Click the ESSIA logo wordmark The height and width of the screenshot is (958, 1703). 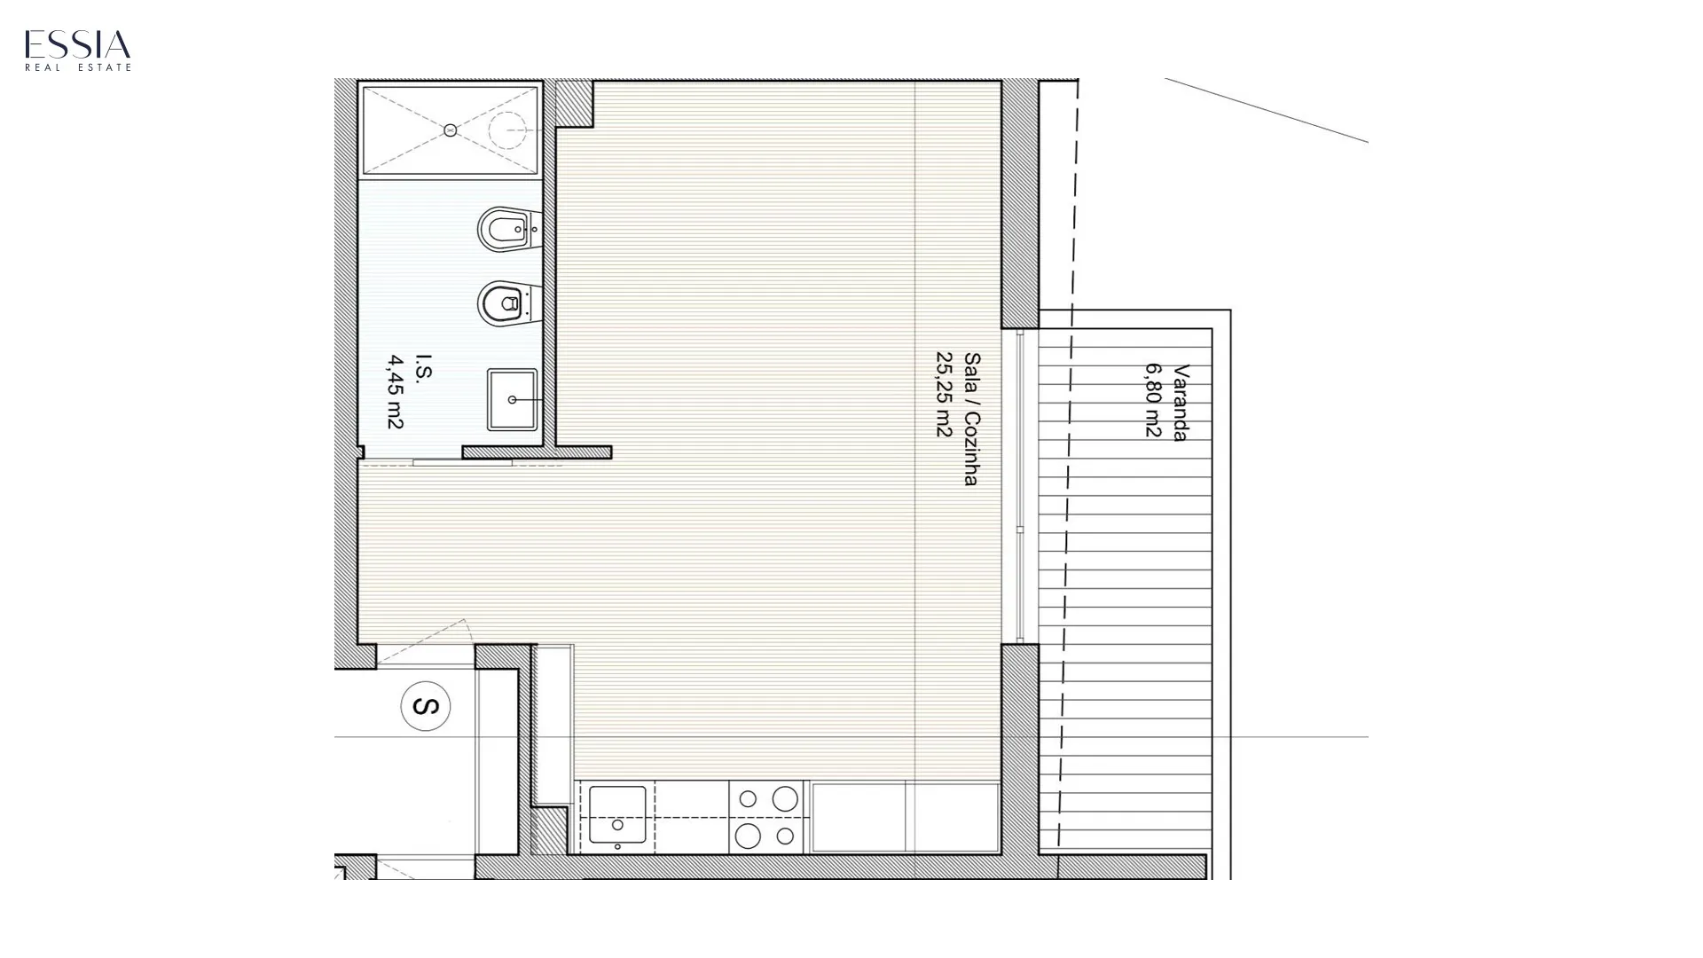pyautogui.click(x=78, y=44)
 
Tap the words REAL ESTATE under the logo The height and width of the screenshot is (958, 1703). pyautogui.click(x=78, y=67)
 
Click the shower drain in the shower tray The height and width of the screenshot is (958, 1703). pyautogui.click(x=450, y=130)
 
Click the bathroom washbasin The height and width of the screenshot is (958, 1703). pyautogui.click(x=512, y=399)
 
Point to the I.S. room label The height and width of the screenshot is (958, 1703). pyautogui.click(x=424, y=367)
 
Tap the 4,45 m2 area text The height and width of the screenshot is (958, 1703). pyautogui.click(x=396, y=392)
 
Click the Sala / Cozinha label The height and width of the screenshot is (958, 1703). pyautogui.click(x=972, y=419)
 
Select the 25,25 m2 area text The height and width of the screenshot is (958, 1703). pyautogui.click(x=944, y=394)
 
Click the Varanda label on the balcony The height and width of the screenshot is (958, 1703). pyautogui.click(x=1181, y=402)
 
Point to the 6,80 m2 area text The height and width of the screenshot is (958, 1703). pyautogui.click(x=1152, y=399)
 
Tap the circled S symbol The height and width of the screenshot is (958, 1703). pyautogui.click(x=426, y=706)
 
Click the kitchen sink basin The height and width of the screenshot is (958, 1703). pyautogui.click(x=617, y=814)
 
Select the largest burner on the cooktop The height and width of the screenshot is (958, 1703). pyautogui.click(x=748, y=836)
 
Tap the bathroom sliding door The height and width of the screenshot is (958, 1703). pyautogui.click(x=462, y=462)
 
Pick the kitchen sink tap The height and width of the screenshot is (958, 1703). pyautogui.click(x=617, y=846)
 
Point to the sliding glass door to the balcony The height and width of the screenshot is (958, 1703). pyautogui.click(x=1020, y=486)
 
